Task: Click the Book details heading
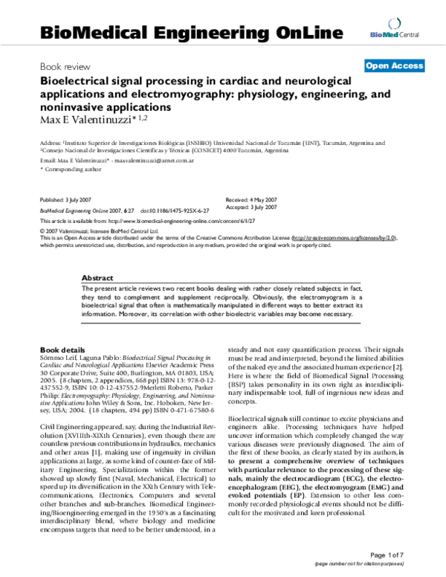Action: tap(62, 349)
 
